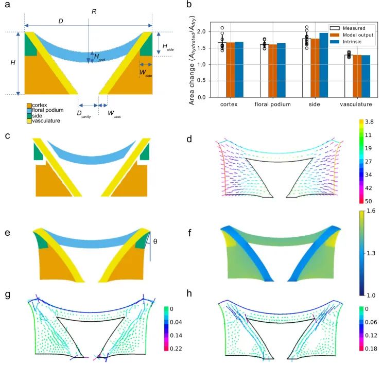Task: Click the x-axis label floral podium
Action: tap(273, 105)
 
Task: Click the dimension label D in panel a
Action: tap(60, 21)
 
